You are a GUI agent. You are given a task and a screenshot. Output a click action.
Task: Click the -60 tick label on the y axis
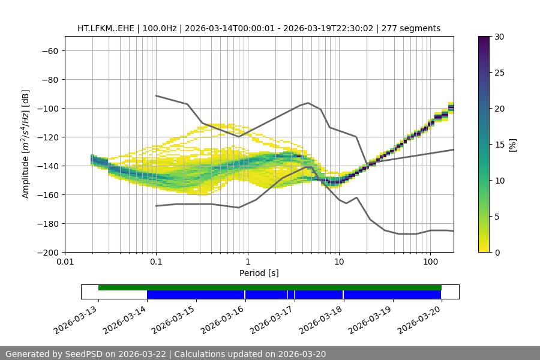coord(49,51)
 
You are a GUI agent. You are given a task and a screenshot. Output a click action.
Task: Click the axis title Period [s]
coord(259,273)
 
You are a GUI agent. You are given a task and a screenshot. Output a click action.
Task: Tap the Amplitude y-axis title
coord(26,144)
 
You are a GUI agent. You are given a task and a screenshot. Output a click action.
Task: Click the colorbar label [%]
coord(512,145)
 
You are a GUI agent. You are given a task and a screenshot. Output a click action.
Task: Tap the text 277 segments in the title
coord(415,28)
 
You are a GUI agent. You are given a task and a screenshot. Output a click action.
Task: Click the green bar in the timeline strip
coord(270,287)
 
